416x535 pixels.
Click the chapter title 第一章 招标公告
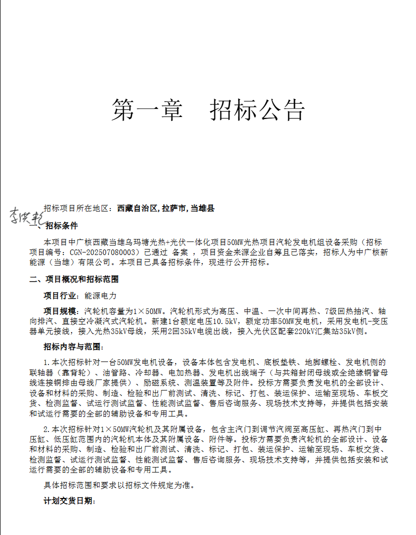click(208, 109)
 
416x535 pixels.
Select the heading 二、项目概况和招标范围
click(74, 279)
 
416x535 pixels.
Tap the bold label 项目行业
click(59, 295)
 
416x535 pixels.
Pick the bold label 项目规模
click(59, 311)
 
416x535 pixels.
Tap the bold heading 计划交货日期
click(69, 500)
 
